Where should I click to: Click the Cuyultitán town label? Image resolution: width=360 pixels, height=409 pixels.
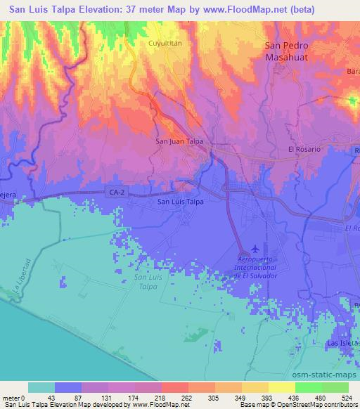coord(165,43)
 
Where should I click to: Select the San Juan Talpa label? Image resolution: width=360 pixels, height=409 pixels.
coord(179,141)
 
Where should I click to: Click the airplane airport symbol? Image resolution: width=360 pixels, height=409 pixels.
coord(254,248)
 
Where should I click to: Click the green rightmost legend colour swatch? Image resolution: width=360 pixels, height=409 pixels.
coord(335,387)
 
